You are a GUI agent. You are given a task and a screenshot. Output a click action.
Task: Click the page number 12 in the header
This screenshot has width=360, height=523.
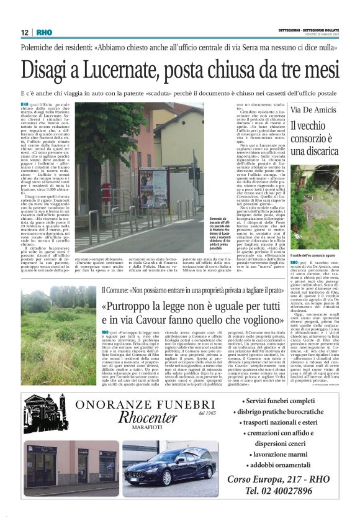(24, 32)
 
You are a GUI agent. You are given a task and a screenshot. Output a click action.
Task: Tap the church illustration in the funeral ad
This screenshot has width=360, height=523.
(47, 411)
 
